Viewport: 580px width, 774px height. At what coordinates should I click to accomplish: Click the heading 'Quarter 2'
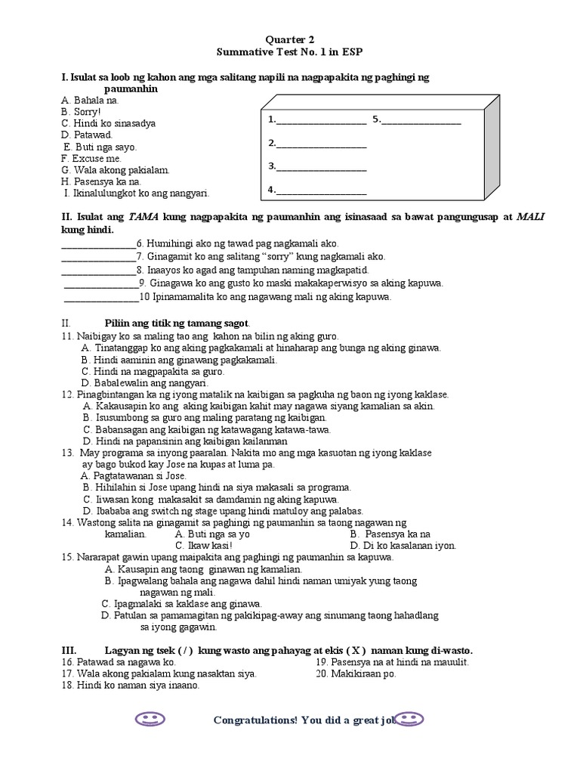[290, 39]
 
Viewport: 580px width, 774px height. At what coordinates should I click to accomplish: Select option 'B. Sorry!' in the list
[81, 111]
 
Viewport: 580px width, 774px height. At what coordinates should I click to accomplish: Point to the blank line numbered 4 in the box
[321, 192]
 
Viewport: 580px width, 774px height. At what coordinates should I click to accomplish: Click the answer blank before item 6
[97, 245]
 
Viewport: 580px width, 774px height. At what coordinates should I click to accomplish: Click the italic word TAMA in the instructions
[143, 218]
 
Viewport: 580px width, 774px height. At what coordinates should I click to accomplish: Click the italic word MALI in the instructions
[530, 218]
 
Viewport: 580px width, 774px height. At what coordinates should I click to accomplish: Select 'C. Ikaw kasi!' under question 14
[203, 546]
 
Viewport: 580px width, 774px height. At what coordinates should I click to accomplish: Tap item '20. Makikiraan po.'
[356, 674]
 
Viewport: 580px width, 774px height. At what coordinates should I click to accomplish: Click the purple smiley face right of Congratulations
[411, 719]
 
